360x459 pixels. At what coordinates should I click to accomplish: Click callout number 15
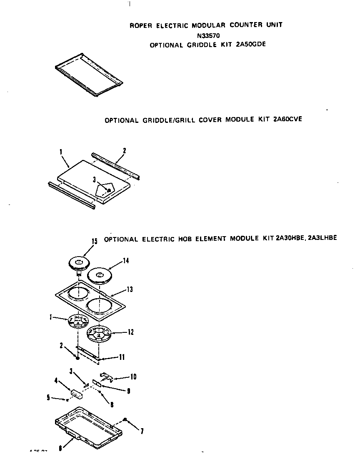[x=95, y=241]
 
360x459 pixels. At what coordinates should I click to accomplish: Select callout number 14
[x=125, y=261]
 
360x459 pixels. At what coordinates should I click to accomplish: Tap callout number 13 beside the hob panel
[x=130, y=289]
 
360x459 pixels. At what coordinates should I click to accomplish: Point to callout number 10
[x=133, y=377]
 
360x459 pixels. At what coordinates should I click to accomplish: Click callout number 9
[x=128, y=391]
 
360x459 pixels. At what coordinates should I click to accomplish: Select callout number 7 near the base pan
[x=142, y=431]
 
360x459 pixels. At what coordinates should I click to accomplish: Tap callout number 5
[x=48, y=398]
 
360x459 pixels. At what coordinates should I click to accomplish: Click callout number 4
[x=57, y=380]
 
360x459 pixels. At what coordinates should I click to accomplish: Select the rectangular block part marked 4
[x=76, y=394]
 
